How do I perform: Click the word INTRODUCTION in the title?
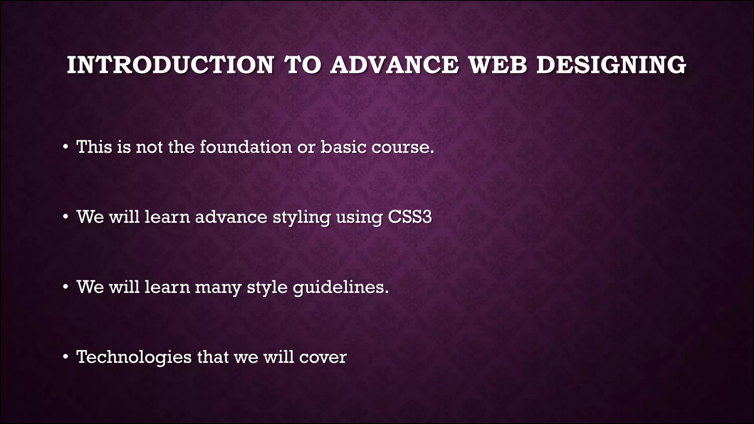[170, 65]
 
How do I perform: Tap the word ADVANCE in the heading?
[394, 65]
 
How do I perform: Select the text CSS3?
[410, 217]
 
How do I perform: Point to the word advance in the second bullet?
[231, 217]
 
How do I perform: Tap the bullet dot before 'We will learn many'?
[65, 287]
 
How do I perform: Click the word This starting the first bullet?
[94, 147]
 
